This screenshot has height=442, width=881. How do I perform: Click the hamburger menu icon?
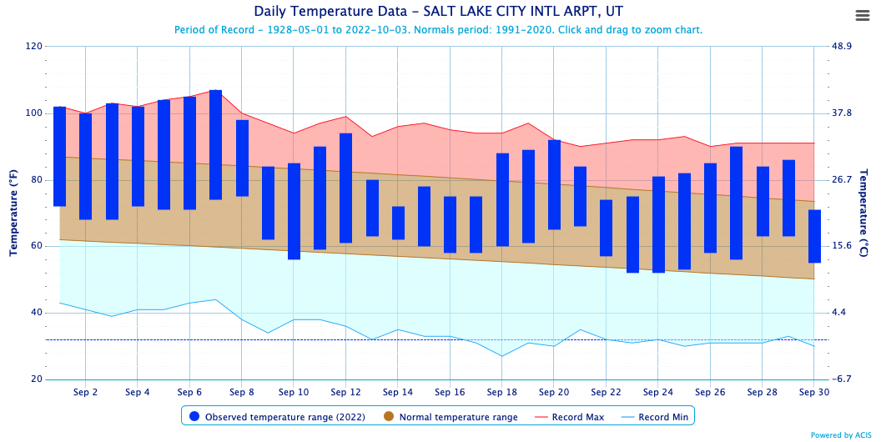863,15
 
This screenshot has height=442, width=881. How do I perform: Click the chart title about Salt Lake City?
438,12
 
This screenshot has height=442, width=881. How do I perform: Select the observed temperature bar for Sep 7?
215,144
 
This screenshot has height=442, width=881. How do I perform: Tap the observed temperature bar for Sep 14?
398,223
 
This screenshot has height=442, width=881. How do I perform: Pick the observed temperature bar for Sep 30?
815,236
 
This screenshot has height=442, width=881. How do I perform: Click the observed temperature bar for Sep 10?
294,211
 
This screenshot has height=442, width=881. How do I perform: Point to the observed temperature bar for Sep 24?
658,224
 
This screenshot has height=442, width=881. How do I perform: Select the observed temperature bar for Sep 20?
554,184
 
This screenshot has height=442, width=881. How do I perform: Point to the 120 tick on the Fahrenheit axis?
34,47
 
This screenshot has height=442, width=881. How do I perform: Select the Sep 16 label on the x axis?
450,392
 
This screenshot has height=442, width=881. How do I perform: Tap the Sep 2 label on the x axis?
85,392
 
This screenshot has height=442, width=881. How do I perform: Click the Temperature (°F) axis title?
14,213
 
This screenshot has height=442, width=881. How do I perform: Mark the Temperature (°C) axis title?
865,213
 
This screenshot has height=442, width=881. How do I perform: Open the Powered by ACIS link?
843,435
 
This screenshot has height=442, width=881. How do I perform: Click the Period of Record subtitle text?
438,30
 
